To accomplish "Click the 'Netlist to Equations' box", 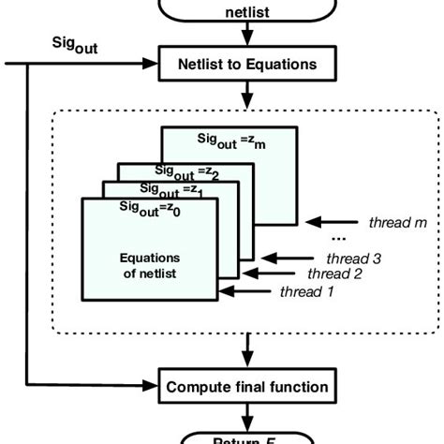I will (245, 66).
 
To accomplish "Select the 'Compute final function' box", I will (246, 385).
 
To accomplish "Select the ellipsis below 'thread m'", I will (367, 241).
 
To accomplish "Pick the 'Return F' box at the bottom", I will (246, 436).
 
